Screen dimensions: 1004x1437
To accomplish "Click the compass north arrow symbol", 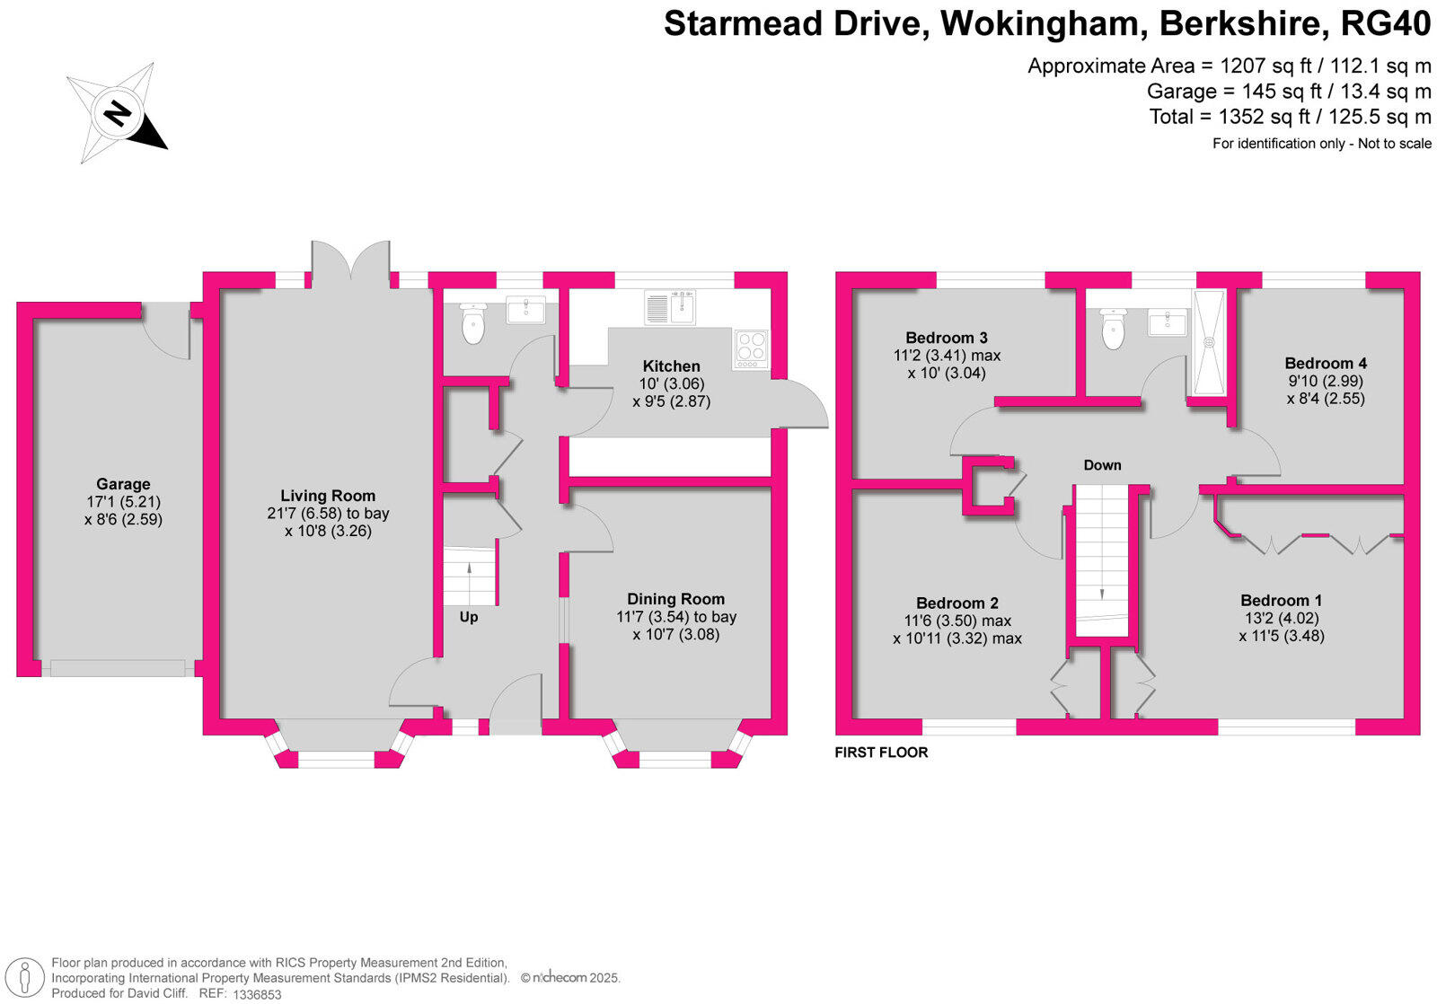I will [117, 113].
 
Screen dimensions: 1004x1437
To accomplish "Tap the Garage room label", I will [123, 484].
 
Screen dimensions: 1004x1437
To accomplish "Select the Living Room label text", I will [328, 496].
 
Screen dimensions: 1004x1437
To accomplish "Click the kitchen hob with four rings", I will [752, 349].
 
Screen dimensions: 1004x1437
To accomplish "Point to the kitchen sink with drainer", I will [670, 308].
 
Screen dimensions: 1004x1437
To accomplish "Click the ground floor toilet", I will [472, 324].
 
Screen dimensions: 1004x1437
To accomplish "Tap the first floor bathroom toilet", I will [1113, 330].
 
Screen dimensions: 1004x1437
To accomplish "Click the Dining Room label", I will [675, 599].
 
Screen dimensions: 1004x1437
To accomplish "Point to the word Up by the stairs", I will [469, 617].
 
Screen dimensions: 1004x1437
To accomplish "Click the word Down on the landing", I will [1102, 465].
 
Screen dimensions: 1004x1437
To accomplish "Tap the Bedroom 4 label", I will [1326, 363].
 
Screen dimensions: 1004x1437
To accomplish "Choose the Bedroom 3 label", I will [947, 338].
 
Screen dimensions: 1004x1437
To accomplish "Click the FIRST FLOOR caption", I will [881, 753].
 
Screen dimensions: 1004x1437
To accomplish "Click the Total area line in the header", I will [1290, 117].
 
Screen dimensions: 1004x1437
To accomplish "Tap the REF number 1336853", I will [257, 994].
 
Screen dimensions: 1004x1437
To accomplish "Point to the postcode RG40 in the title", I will [1385, 24].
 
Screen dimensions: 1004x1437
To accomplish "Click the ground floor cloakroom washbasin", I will [525, 311].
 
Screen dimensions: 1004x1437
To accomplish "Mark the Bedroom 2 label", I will [957, 603].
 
